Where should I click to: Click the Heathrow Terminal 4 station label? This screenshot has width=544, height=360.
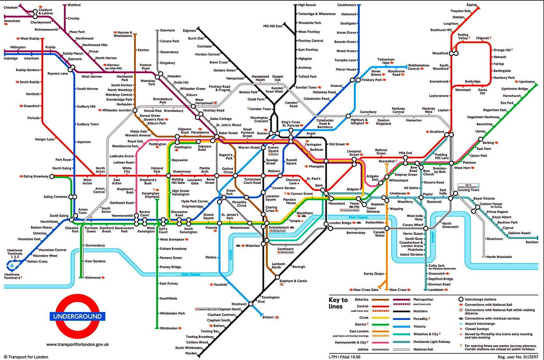pyautogui.click(x=12, y=276)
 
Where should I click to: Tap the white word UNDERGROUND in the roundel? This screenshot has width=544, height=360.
pyautogui.click(x=78, y=316)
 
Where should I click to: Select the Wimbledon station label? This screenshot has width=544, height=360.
pyautogui.click(x=169, y=329)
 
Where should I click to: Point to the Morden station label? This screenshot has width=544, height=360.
pyautogui.click(x=191, y=353)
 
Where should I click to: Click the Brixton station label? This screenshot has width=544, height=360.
pyautogui.click(x=268, y=317)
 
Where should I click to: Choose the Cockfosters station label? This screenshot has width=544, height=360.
pyautogui.click(x=346, y=5)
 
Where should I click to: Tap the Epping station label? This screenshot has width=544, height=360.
pyautogui.click(x=472, y=5)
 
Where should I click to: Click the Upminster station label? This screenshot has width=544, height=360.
pyautogui.click(x=527, y=82)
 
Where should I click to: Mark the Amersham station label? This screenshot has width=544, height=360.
pyautogui.click(x=12, y=21)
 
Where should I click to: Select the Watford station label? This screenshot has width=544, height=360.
pyautogui.click(x=74, y=5)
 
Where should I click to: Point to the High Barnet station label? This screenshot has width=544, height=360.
pyautogui.click(x=307, y=5)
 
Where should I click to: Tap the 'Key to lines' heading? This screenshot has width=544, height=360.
pyautogui.click(x=338, y=303)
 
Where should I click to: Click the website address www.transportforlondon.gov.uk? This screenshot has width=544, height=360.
pyautogui.click(x=77, y=344)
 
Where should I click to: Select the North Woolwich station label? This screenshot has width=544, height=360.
pyautogui.click(x=499, y=257)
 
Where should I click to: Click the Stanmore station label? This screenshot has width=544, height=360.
pyautogui.click(x=167, y=30)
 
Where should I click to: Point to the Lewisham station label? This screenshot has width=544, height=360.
pyautogui.click(x=436, y=290)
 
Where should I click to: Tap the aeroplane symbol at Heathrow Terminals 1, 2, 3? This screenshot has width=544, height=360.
pyautogui.click(x=12, y=266)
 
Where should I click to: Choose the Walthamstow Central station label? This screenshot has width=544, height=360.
pyautogui.click(x=418, y=67)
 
